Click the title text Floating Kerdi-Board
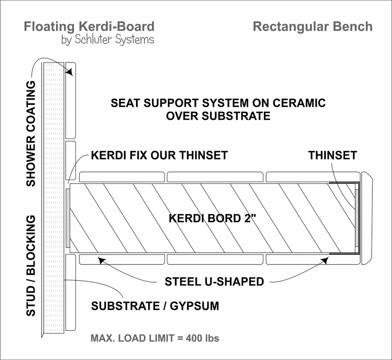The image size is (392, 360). pyautogui.click(x=89, y=27)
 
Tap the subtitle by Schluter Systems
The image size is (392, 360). pyautogui.click(x=107, y=40)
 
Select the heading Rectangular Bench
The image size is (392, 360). pyautogui.click(x=312, y=27)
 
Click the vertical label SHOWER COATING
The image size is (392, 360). pyautogui.click(x=31, y=134)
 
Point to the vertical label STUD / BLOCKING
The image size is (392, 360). pyautogui.click(x=31, y=266)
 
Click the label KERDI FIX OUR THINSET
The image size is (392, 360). pyautogui.click(x=159, y=156)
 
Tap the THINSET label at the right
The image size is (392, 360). pyautogui.click(x=332, y=156)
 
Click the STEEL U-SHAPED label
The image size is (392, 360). pyautogui.click(x=214, y=282)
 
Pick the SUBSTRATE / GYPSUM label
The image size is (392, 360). pyautogui.click(x=155, y=306)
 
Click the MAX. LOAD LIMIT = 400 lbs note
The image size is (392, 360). pyautogui.click(x=155, y=339)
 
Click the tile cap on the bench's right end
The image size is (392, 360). pyautogui.click(x=366, y=218)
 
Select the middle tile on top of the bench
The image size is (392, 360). pyautogui.click(x=215, y=177)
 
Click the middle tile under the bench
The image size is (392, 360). pyautogui.click(x=215, y=259)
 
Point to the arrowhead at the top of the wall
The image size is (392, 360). pyautogui.click(x=70, y=73)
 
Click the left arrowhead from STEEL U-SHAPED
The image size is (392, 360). pyautogui.click(x=98, y=258)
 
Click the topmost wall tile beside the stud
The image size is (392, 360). pyautogui.click(x=71, y=100)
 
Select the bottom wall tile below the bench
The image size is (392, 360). pyautogui.click(x=71, y=292)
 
